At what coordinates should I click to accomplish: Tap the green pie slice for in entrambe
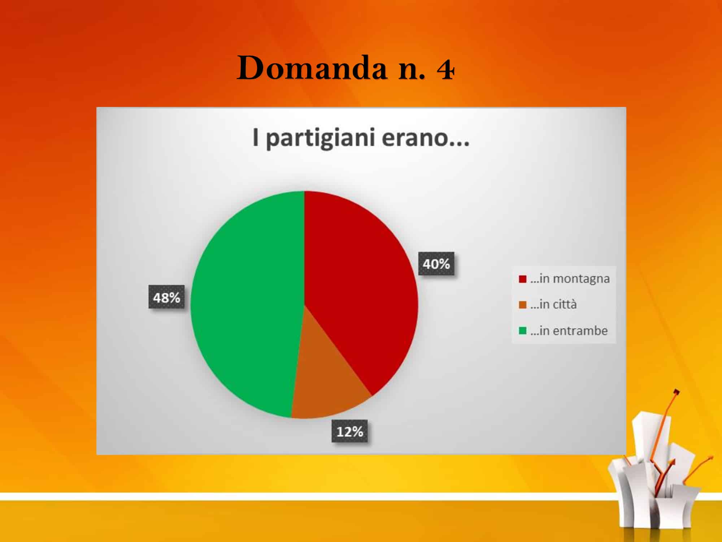(245, 304)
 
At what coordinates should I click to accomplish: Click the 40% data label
(436, 264)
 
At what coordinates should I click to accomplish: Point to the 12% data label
(349, 431)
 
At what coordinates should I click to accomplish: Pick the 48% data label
(166, 297)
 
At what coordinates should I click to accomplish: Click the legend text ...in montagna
(570, 279)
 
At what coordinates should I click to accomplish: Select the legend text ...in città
(553, 305)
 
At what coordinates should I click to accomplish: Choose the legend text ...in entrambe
(569, 331)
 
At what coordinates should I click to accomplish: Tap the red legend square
(522, 279)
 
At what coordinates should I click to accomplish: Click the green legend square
(522, 331)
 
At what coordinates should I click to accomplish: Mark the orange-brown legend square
(522, 305)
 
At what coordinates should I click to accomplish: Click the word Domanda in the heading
(312, 68)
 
